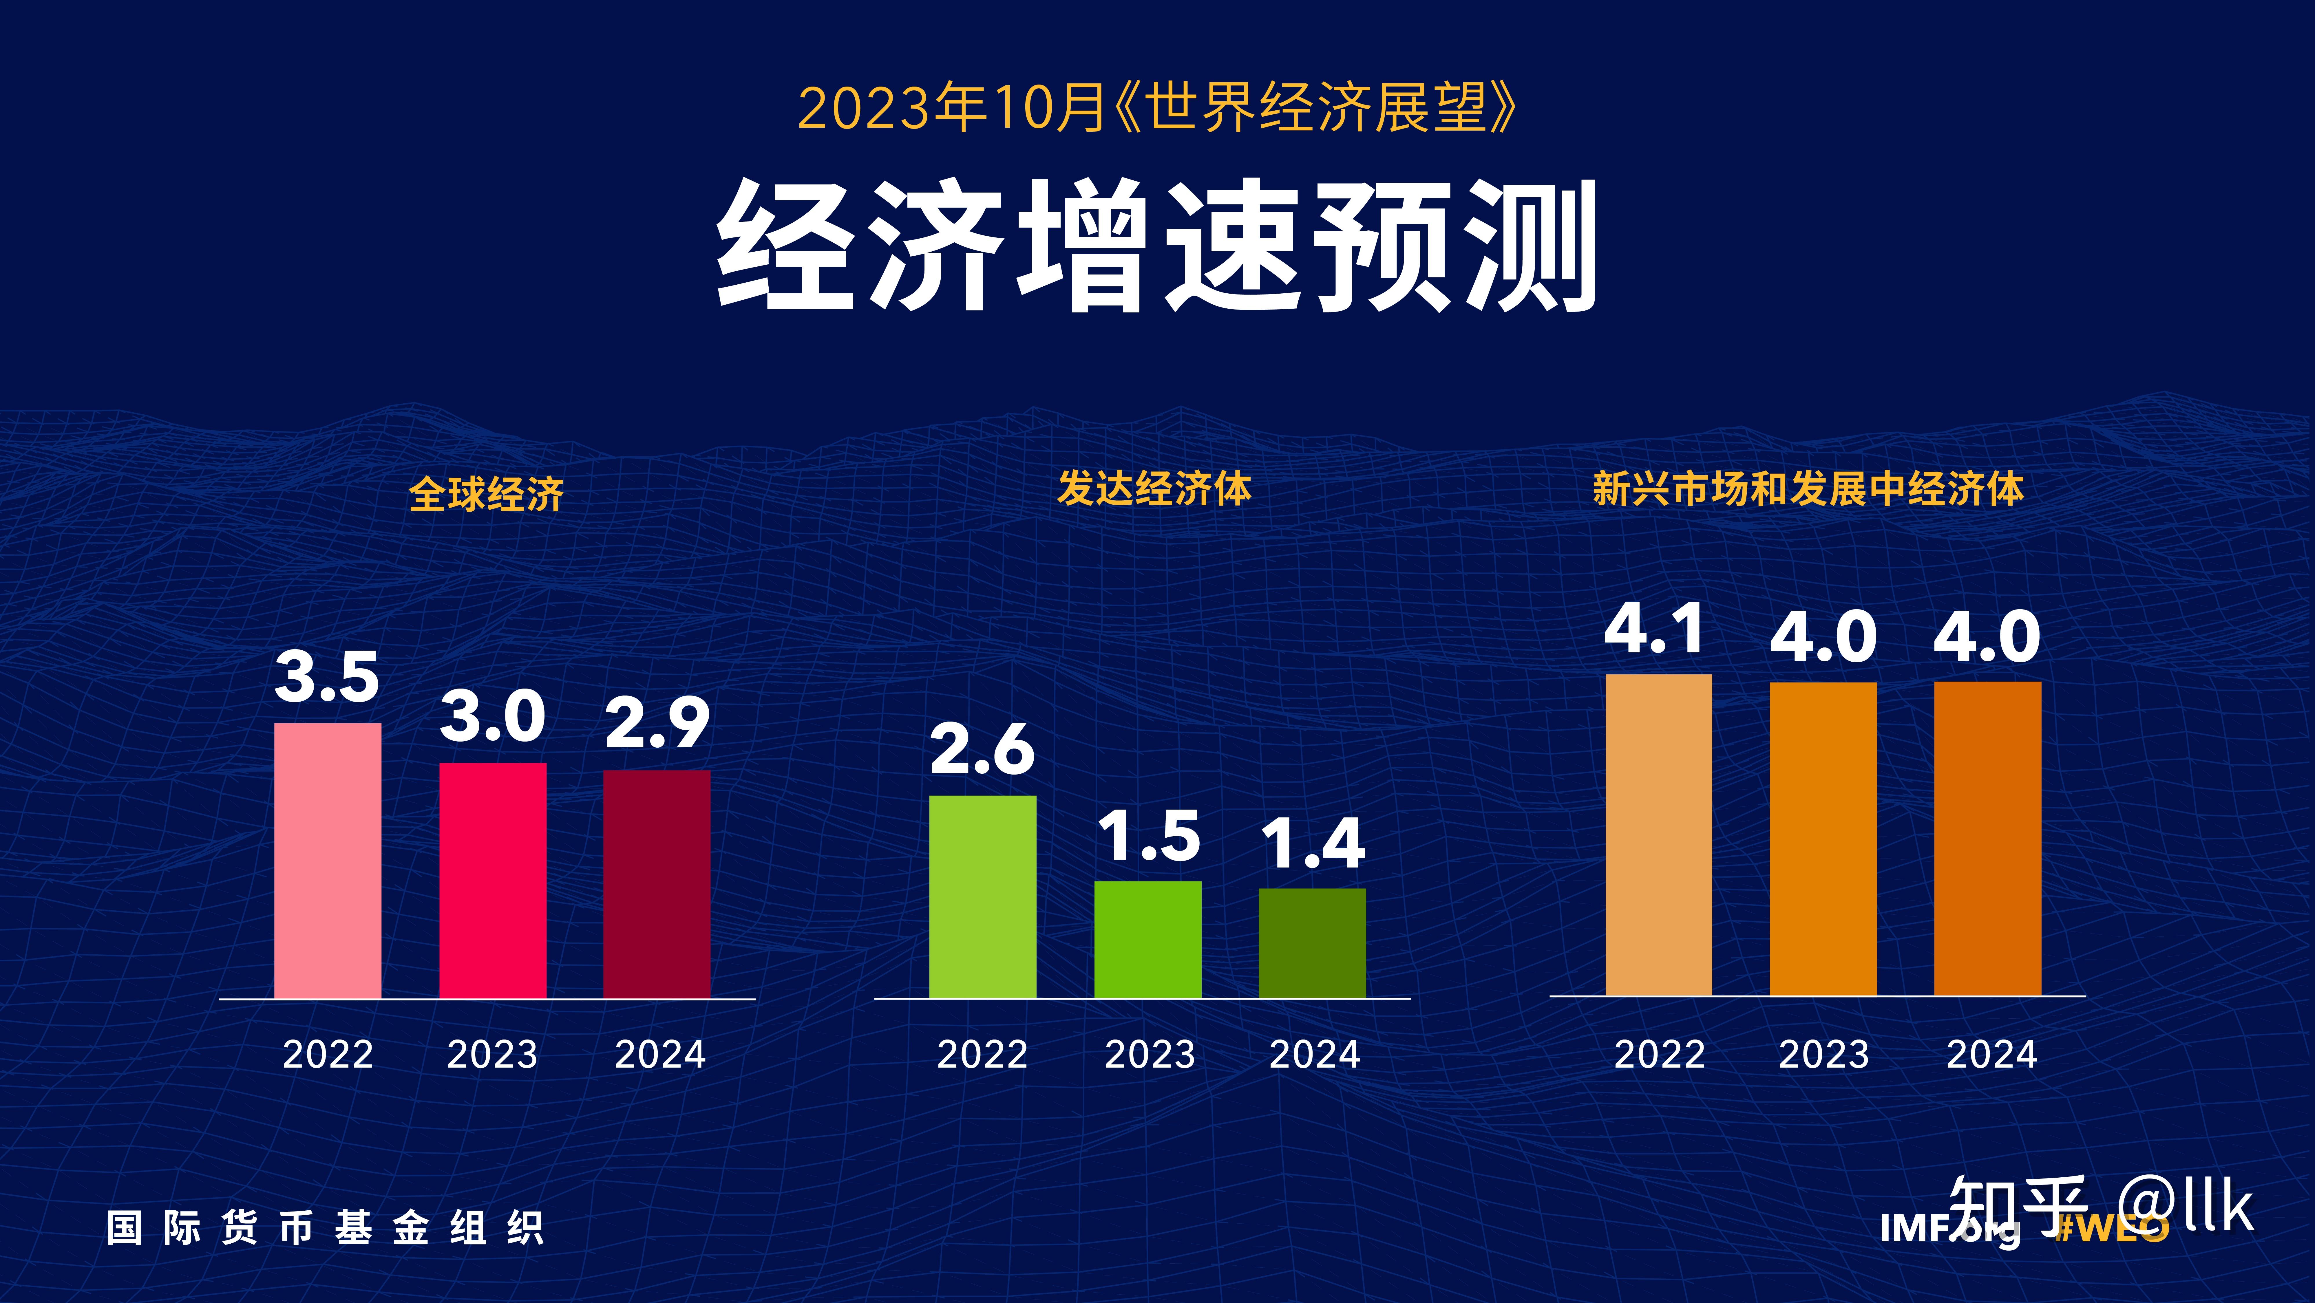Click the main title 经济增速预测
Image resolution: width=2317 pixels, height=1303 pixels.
1157,245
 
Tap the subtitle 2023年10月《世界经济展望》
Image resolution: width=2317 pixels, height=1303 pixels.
1157,108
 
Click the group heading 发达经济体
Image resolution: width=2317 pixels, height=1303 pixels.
1154,489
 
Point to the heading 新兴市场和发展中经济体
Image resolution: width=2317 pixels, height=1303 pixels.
1808,489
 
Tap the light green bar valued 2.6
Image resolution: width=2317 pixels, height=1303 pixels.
982,896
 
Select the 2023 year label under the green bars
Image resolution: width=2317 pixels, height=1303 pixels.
1150,1054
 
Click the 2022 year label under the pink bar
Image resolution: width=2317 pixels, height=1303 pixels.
327,1054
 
